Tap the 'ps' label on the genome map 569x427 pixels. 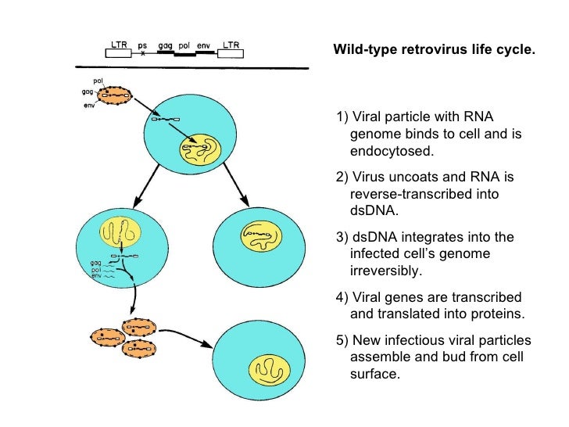141,45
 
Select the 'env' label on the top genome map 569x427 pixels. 205,45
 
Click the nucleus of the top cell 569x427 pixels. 201,147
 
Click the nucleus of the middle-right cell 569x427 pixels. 259,231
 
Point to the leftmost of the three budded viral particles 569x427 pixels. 107,336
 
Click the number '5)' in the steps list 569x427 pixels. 342,341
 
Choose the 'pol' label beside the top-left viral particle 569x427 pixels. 98,81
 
